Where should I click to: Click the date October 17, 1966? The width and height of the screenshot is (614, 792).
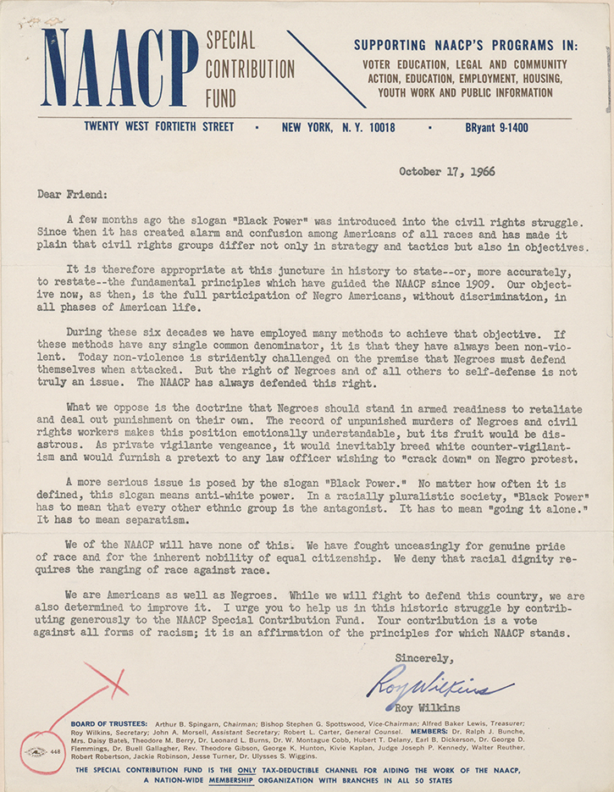click(447, 171)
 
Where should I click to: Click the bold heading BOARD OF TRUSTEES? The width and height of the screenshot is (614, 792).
click(110, 725)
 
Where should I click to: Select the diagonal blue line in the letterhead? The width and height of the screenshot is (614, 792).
click(326, 69)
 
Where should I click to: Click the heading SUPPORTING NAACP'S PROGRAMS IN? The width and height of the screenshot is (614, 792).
click(465, 46)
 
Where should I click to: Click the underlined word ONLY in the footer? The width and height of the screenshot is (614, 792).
click(246, 768)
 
